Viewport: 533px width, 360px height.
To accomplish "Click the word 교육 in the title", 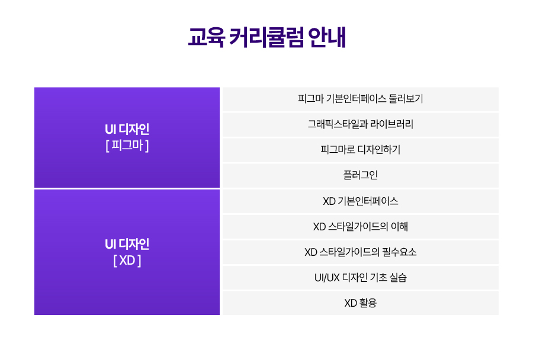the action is point(206,37).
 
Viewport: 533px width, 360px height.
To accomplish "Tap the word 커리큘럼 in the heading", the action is point(266,37).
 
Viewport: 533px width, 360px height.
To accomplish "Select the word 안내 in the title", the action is point(327,37).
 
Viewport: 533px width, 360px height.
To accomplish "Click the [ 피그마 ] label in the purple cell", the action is point(127,146).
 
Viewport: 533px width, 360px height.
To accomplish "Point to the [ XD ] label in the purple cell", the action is point(127,261).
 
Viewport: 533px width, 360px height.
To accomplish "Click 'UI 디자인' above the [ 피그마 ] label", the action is point(127,129).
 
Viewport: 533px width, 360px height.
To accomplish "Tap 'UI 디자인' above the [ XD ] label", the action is point(127,244).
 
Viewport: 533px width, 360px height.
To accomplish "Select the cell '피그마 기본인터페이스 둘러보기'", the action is point(361,99).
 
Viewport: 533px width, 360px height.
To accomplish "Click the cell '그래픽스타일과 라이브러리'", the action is point(361,124).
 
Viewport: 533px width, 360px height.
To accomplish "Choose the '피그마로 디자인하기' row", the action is point(361,150).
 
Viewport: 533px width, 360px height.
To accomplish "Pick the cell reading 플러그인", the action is point(361,175).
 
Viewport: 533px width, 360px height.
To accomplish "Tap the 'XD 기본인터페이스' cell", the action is point(361,201).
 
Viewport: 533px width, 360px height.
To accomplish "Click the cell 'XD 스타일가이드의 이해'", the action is point(361,227).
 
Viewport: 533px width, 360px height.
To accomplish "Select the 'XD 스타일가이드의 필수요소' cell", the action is point(361,252).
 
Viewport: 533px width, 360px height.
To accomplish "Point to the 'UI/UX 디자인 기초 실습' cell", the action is point(361,278).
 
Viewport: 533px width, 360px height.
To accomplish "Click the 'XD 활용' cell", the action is point(361,303).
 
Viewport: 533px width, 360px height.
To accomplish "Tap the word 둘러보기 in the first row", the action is point(406,98).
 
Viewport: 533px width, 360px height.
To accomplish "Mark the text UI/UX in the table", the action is point(327,278).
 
